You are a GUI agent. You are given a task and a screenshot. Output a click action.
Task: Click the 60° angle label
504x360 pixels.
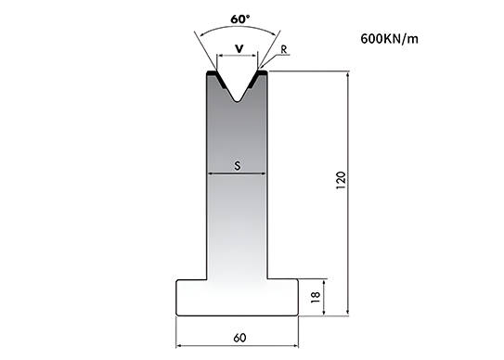pos(239,19)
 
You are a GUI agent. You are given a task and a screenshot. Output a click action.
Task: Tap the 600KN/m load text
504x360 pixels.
pos(390,39)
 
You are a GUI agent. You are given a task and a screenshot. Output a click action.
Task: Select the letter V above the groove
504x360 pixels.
pos(239,49)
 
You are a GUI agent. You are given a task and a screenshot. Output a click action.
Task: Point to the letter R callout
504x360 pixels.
pos(284,49)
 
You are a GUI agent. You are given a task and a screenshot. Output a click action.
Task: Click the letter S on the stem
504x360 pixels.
pos(238,166)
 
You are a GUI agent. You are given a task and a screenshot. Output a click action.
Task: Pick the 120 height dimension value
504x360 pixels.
pos(341,180)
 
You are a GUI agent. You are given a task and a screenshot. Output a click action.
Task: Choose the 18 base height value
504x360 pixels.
pos(316,297)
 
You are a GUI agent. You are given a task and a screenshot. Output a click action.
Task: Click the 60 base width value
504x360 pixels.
pos(239,338)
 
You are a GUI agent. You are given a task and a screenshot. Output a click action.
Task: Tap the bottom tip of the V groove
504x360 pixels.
pos(237,102)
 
